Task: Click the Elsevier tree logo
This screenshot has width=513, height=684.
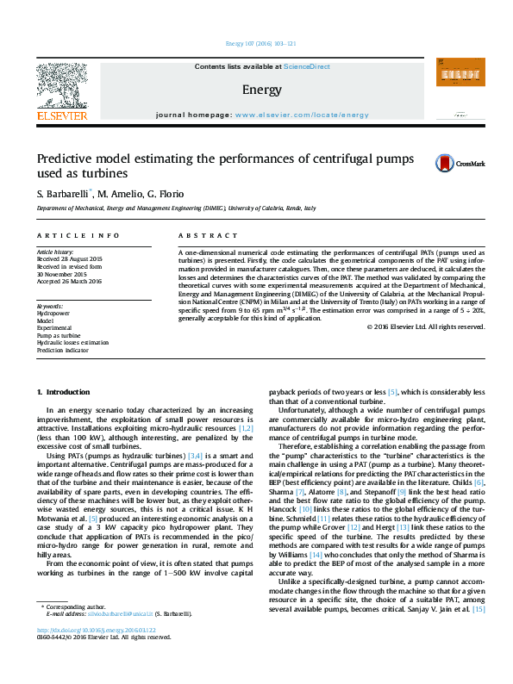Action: click(61, 88)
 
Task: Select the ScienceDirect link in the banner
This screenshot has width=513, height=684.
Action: click(307, 66)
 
